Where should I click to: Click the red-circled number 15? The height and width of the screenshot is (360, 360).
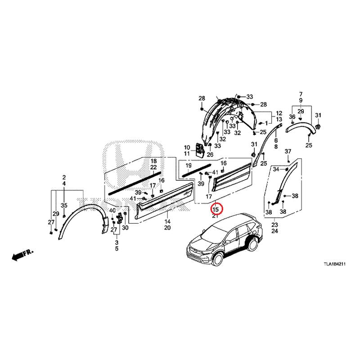(216, 209)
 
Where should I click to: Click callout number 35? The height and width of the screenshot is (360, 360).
(64, 205)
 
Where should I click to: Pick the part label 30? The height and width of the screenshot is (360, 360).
(125, 228)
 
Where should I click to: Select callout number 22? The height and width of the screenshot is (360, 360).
(153, 167)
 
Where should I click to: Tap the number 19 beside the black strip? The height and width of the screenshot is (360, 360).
(189, 166)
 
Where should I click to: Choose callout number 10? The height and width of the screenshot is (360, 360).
(187, 148)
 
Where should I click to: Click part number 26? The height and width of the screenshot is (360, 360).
(210, 155)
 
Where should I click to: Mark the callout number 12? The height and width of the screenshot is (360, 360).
(279, 113)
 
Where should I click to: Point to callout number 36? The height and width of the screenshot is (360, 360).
(292, 117)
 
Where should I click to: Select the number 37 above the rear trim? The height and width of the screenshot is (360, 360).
(288, 151)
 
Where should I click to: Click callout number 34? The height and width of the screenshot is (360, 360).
(276, 169)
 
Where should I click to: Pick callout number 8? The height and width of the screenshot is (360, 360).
(276, 147)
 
